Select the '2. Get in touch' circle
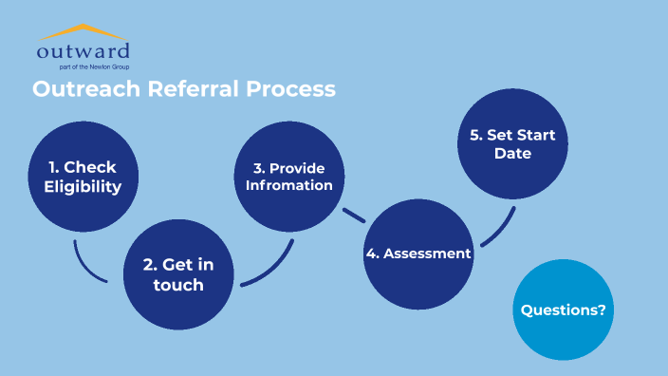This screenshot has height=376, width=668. (178, 274)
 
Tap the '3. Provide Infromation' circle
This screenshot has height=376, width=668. (289, 177)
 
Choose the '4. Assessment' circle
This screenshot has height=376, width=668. (418, 254)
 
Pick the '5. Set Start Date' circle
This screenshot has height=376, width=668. (512, 143)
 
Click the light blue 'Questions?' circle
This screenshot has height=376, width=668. (564, 310)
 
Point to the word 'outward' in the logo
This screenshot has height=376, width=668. (83, 50)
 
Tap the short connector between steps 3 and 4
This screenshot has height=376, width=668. (354, 214)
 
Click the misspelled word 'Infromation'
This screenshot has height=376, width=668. (289, 185)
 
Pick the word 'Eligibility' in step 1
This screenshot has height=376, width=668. (83, 187)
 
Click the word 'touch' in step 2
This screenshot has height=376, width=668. (178, 285)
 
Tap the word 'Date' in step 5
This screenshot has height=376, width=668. (512, 153)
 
